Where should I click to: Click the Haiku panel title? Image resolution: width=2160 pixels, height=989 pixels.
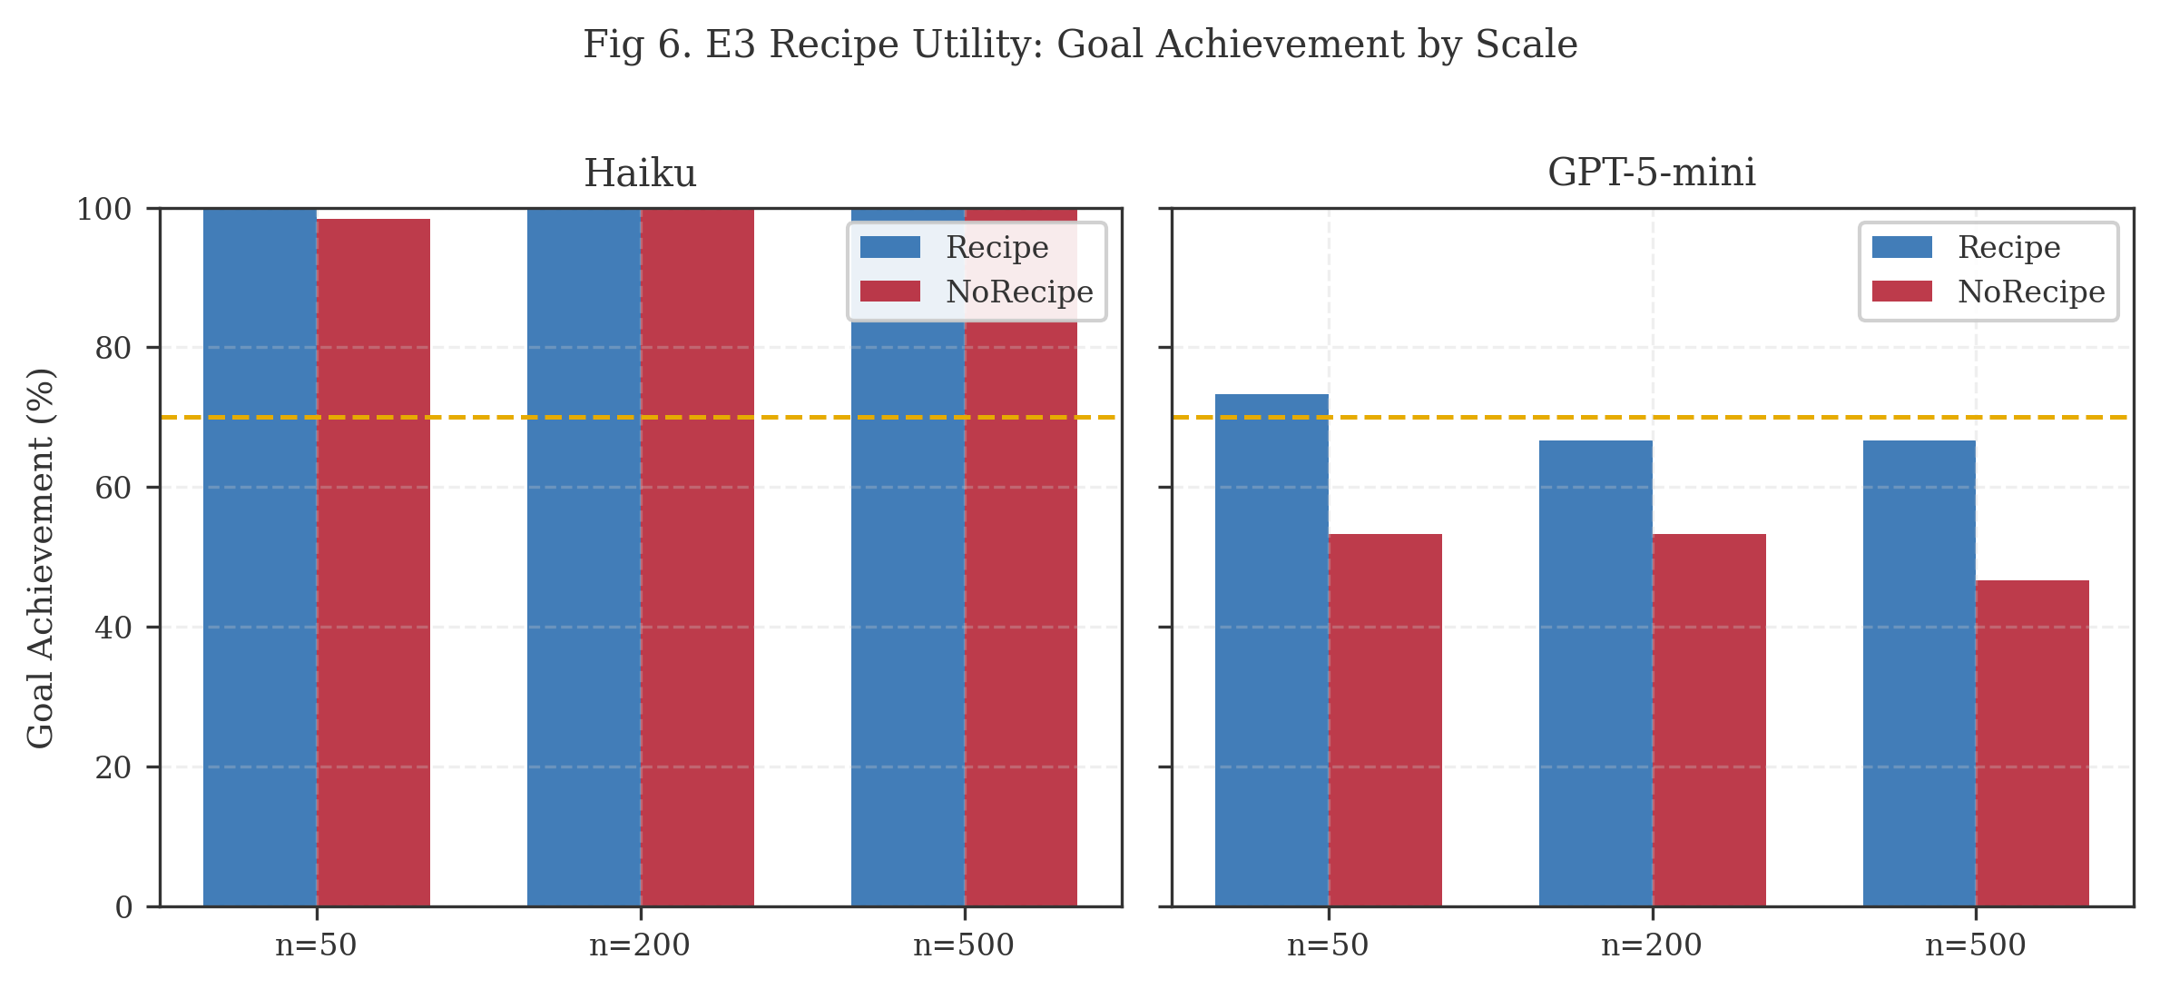pos(640,173)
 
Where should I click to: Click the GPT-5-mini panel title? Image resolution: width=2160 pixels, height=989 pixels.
pos(1651,173)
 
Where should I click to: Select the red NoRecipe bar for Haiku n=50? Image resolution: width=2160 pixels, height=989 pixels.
pos(374,563)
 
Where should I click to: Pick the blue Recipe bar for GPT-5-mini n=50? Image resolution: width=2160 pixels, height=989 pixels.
pos(1271,649)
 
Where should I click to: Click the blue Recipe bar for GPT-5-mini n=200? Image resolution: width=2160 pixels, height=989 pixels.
pos(1595,673)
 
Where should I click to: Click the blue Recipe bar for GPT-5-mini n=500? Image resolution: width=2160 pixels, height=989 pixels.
pos(1919,673)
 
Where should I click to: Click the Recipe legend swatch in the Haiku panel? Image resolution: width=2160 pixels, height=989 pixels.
pos(889,247)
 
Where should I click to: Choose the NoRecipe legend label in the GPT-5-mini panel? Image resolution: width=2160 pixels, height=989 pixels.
pos(2031,292)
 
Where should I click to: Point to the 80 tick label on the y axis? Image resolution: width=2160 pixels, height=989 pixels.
pos(113,348)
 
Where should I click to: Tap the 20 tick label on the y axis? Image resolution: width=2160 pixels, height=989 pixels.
pos(113,767)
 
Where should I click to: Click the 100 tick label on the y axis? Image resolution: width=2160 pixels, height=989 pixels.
pos(104,210)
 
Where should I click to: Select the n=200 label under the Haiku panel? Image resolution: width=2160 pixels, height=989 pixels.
pos(640,945)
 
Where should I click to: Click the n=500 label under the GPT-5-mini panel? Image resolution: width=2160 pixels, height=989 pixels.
pos(1976,945)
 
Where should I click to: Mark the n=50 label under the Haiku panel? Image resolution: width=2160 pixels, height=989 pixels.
pos(316,945)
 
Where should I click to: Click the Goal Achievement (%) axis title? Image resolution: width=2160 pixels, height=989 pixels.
pos(41,558)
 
